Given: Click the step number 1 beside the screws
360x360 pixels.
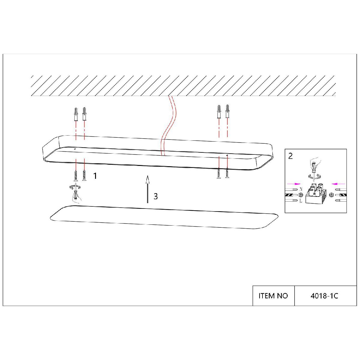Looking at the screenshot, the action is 95,176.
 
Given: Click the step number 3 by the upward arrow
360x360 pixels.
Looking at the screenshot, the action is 156,196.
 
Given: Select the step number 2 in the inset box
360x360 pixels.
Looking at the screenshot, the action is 290,156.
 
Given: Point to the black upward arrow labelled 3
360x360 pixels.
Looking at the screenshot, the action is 148,189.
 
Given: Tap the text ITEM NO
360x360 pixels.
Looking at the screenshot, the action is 273,296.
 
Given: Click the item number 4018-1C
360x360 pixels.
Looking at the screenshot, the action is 324,296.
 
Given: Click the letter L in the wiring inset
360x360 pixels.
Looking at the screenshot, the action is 301,201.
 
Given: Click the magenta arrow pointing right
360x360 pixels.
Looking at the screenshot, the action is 294,184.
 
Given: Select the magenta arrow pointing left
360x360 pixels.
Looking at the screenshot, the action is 338,184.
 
